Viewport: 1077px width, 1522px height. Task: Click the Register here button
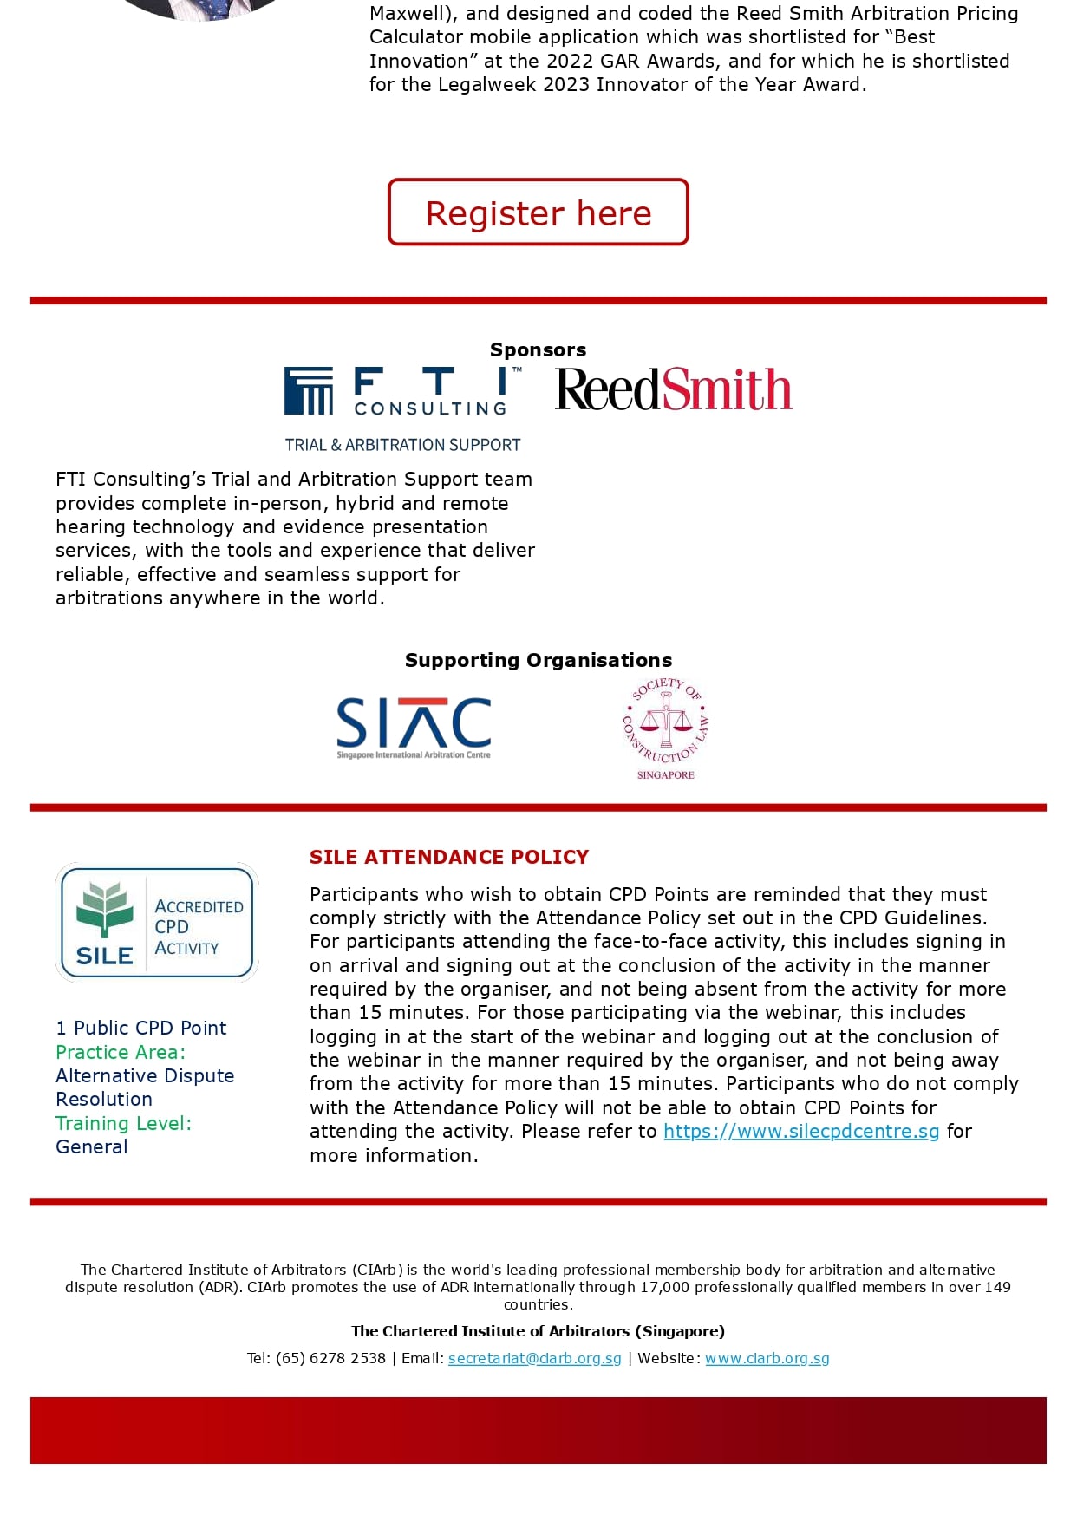tap(538, 212)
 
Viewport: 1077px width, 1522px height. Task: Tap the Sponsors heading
tap(538, 349)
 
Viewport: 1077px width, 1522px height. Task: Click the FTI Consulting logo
tap(403, 392)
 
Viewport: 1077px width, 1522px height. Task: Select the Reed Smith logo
tap(673, 389)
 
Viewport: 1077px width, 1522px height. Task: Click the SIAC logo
tap(414, 727)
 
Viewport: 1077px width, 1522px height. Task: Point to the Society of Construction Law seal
tap(666, 727)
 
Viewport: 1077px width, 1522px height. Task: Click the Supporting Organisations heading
tap(538, 660)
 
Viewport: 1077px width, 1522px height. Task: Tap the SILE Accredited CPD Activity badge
tap(157, 923)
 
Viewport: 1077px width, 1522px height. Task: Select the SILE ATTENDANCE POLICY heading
tap(449, 857)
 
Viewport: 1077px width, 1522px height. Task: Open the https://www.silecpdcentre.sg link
tap(801, 1132)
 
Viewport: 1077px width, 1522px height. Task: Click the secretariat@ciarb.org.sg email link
tap(534, 1358)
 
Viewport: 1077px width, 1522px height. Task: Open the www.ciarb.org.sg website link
tap(767, 1358)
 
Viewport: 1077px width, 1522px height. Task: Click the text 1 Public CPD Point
tap(141, 1028)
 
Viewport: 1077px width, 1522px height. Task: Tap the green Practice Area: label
tap(121, 1052)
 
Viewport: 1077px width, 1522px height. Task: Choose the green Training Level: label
tap(123, 1123)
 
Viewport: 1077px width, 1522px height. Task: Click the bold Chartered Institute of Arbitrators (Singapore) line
tap(538, 1331)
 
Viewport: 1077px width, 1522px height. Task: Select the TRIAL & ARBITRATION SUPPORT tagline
tap(403, 445)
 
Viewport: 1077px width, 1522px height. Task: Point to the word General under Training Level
tap(92, 1146)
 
